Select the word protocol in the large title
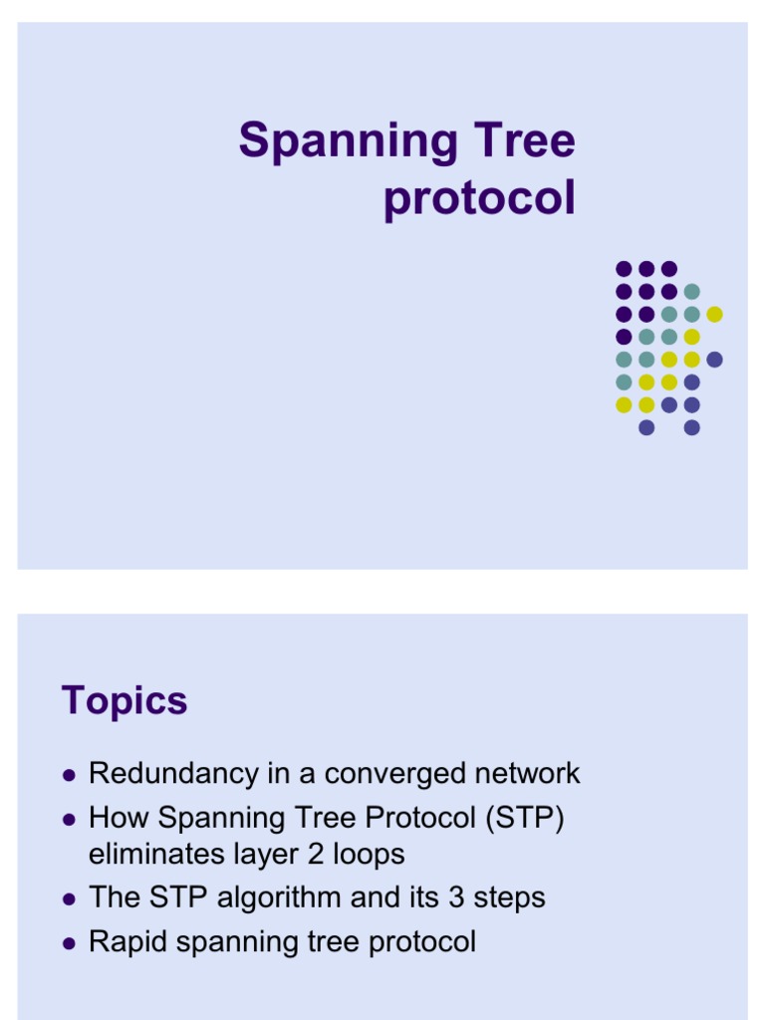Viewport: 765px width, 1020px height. tap(479, 198)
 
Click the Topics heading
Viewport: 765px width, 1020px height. tap(125, 701)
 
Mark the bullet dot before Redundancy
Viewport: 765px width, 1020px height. tap(69, 775)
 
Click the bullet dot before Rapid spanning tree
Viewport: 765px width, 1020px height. tap(69, 942)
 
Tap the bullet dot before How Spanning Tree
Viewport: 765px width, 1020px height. tap(69, 819)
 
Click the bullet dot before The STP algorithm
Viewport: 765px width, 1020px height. tap(69, 898)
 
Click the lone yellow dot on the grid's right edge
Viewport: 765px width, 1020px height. tap(714, 314)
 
